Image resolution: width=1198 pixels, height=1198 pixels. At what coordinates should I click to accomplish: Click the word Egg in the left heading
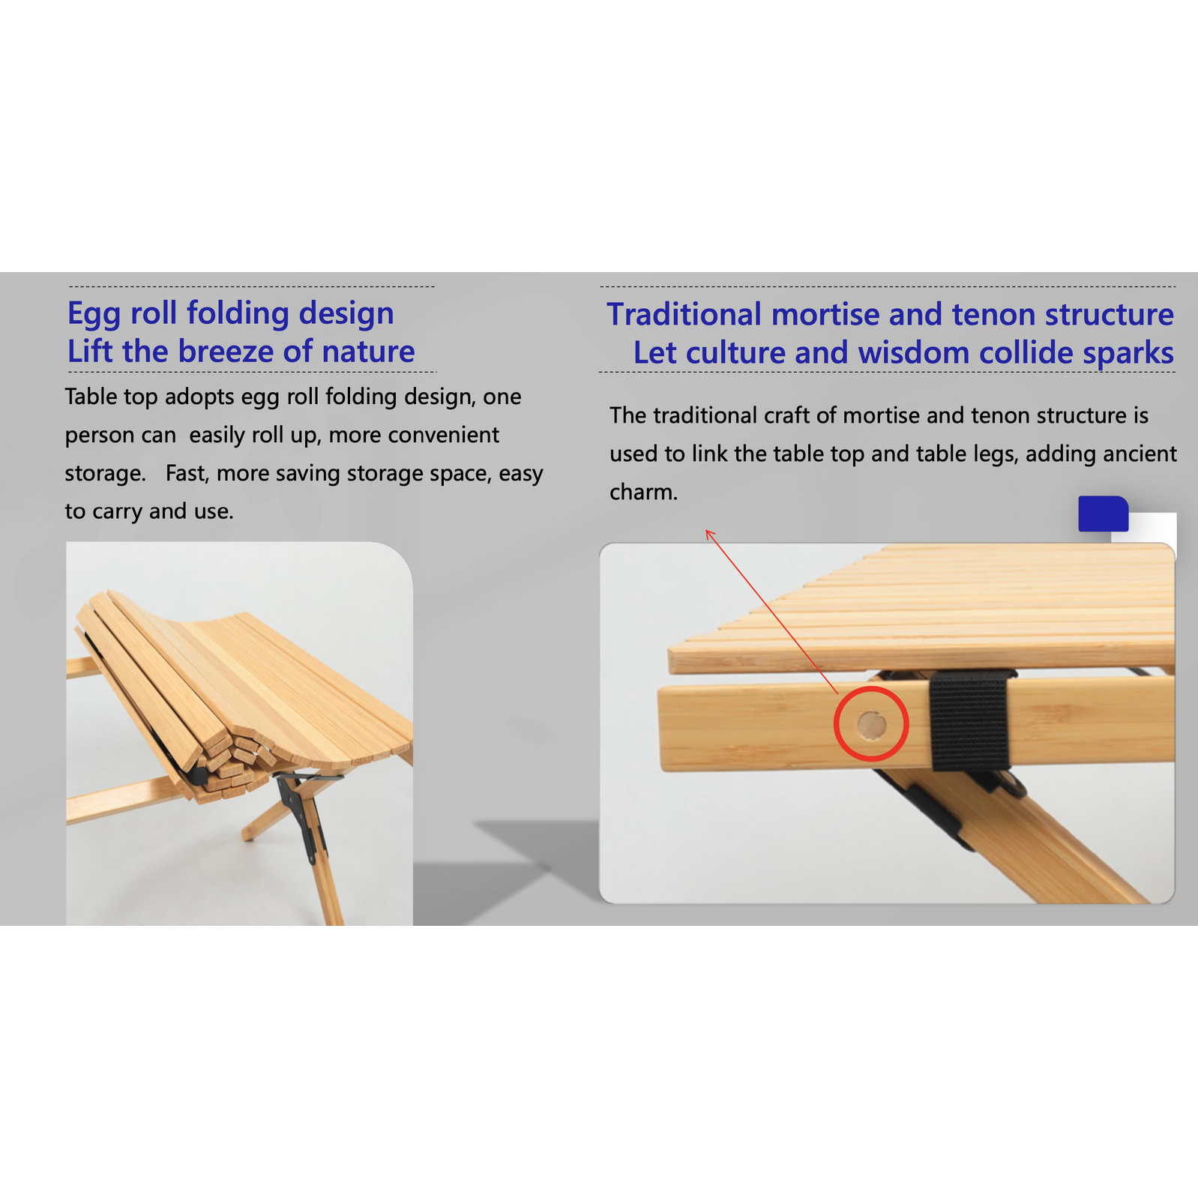(94, 314)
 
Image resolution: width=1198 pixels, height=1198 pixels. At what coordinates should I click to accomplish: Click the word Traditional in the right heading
(684, 315)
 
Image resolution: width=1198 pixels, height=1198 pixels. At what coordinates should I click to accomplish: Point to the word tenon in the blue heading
(993, 315)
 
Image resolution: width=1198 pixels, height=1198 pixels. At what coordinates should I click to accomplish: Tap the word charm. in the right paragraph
(643, 493)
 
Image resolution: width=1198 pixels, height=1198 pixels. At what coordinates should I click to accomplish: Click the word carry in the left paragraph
(116, 512)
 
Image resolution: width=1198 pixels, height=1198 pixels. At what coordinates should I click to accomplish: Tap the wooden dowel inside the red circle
(871, 725)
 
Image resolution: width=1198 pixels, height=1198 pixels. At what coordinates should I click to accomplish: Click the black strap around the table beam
(969, 720)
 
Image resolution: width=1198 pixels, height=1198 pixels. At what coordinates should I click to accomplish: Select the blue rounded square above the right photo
(1103, 514)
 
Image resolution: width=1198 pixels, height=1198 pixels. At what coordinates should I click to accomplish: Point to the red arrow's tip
(706, 530)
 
